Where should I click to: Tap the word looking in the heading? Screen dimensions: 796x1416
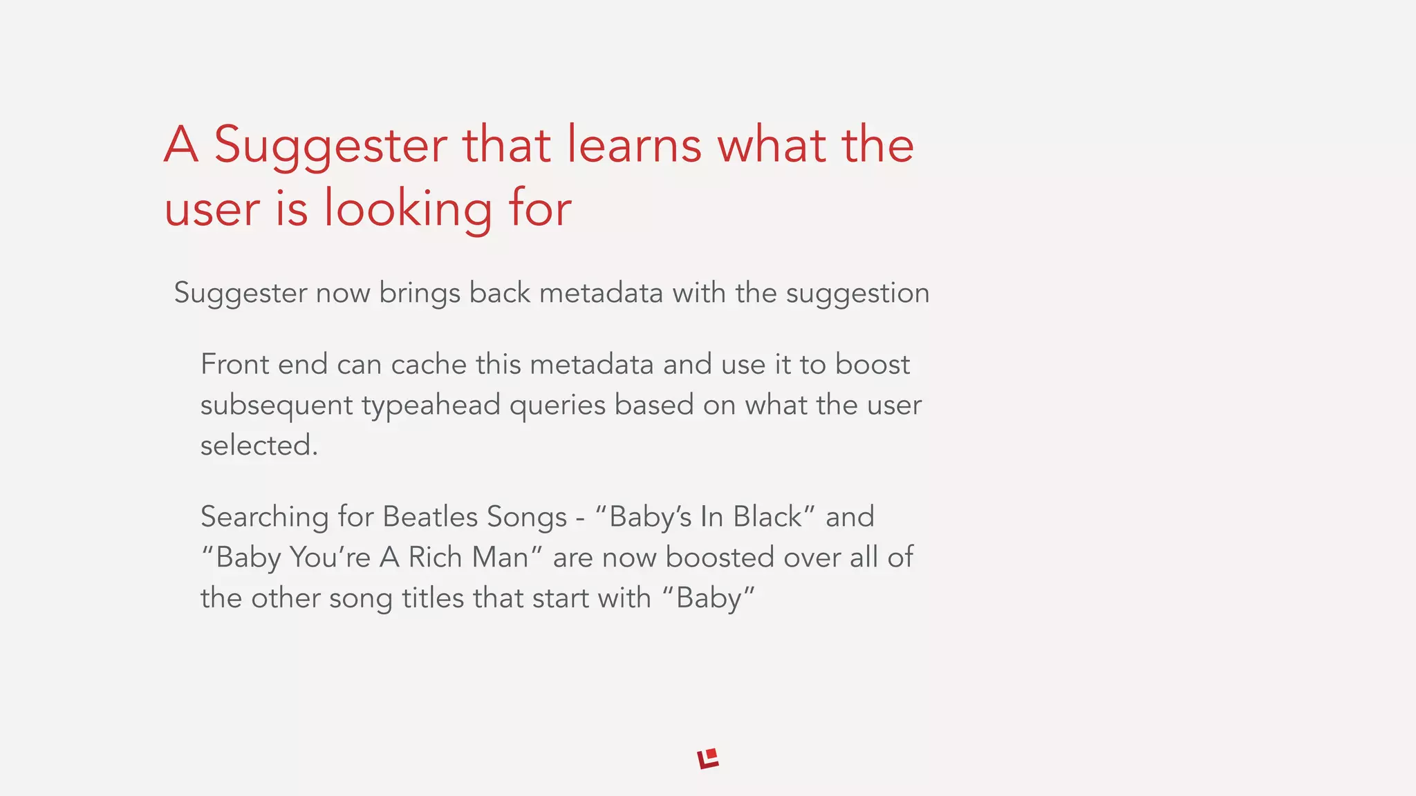(x=408, y=209)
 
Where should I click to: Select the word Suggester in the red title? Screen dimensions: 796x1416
(x=330, y=146)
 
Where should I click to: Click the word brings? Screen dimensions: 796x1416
(x=420, y=294)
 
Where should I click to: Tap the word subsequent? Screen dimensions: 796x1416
(x=277, y=406)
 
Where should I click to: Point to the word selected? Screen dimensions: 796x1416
(x=259, y=446)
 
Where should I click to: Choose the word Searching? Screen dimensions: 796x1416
(x=265, y=518)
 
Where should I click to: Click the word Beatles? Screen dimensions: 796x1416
(x=430, y=517)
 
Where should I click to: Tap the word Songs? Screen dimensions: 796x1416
(x=527, y=517)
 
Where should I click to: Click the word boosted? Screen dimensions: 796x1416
(x=720, y=558)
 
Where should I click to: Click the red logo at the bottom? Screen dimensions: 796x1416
(x=708, y=758)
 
